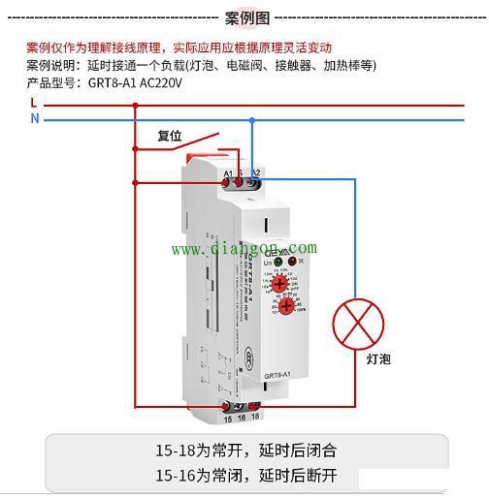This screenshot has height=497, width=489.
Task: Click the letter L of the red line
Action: tap(34, 102)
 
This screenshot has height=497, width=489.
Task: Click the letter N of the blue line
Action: tap(34, 118)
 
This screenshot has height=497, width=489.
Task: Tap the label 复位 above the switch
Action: tap(170, 136)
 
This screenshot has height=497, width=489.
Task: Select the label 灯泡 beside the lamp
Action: tap(378, 358)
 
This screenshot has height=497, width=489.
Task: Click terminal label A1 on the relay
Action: tap(228, 172)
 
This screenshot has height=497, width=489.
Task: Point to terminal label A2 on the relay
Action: tap(256, 172)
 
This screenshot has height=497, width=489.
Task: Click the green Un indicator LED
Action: tap(277, 262)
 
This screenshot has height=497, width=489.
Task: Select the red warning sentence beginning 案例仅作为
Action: tap(179, 47)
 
